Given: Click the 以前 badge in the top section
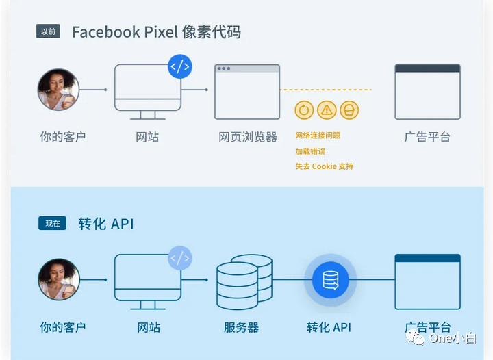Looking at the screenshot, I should tap(49, 31).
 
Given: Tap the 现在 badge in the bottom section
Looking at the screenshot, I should tap(52, 223).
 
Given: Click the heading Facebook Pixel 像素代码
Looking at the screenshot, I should tap(156, 32).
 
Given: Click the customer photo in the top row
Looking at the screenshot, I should tap(58, 89).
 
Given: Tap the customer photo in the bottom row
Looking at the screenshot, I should tap(58, 280).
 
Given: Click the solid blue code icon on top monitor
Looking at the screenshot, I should tap(180, 67).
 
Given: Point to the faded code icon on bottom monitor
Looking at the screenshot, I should tap(180, 258).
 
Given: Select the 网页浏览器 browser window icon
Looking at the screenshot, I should tap(247, 92).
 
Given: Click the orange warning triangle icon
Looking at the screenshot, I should tap(327, 110).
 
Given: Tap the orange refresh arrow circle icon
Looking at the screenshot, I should tap(305, 110).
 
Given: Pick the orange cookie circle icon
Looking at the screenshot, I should tap(349, 110).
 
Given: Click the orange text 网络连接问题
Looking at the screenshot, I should tap(318, 136).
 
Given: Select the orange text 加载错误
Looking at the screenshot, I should tap(310, 151).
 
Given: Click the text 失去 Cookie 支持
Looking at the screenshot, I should tap(325, 166).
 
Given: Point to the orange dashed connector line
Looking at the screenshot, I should tap(326, 90).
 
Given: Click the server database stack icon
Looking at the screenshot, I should tap(244, 281).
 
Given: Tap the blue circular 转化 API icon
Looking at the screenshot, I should tap(331, 280).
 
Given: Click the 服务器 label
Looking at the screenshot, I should tap(241, 327).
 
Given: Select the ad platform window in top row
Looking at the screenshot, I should tap(427, 92).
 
